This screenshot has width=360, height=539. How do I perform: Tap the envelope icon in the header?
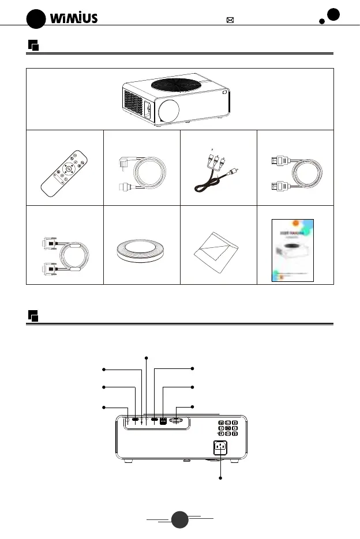click(x=230, y=20)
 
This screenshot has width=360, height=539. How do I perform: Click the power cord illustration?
click(x=141, y=169)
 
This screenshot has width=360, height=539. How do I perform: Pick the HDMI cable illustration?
click(x=294, y=172)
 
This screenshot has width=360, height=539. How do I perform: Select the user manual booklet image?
click(x=294, y=250)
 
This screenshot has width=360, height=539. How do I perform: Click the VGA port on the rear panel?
click(x=177, y=421)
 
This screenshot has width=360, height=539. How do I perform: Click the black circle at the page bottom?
click(x=179, y=519)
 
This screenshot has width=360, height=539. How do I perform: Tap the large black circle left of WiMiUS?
click(x=36, y=18)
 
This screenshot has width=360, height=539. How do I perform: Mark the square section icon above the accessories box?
click(x=33, y=45)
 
